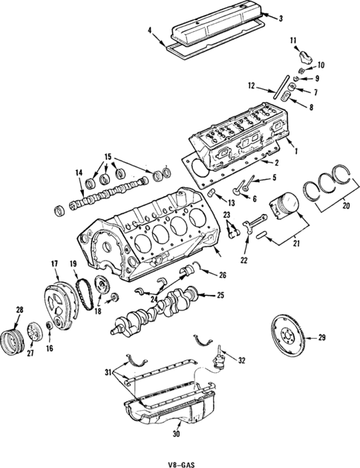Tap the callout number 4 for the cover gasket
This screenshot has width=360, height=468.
pyautogui.click(x=150, y=30)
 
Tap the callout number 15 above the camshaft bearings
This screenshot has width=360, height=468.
pyautogui.click(x=109, y=157)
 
